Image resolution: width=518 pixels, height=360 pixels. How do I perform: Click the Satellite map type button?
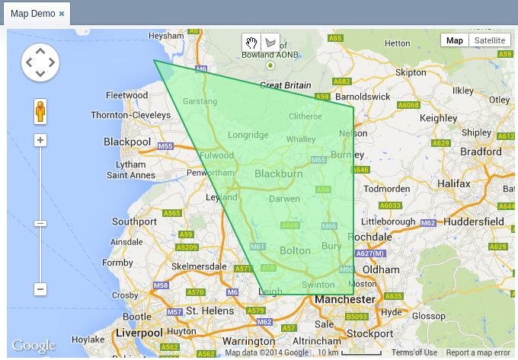pyautogui.click(x=489, y=41)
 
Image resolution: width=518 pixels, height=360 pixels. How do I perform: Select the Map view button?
pyautogui.click(x=454, y=41)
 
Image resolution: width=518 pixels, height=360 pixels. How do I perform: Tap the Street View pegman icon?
pyautogui.click(x=40, y=113)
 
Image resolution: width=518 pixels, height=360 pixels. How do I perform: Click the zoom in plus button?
pyautogui.click(x=40, y=140)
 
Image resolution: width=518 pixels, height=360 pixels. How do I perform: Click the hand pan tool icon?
pyautogui.click(x=251, y=43)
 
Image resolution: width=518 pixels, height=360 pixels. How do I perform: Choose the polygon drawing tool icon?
pyautogui.click(x=270, y=43)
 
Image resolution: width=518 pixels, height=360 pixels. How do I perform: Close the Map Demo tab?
pyautogui.click(x=62, y=14)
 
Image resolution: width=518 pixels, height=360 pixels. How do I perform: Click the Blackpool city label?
pyautogui.click(x=127, y=142)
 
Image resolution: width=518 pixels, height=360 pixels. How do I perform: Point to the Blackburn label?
pyautogui.click(x=278, y=174)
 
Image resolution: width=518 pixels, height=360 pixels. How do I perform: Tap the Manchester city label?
pyautogui.click(x=347, y=299)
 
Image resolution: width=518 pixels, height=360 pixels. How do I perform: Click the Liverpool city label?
pyautogui.click(x=140, y=333)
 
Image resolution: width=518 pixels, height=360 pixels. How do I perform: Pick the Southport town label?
pyautogui.click(x=134, y=221)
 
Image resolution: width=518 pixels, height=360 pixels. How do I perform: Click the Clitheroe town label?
pyautogui.click(x=305, y=116)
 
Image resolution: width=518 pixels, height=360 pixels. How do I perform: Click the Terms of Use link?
pyautogui.click(x=414, y=353)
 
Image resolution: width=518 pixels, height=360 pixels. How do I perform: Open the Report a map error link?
pyautogui.click(x=478, y=353)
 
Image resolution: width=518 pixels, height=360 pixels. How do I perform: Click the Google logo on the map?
pyautogui.click(x=34, y=346)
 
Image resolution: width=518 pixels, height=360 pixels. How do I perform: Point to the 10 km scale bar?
pyautogui.click(x=350, y=353)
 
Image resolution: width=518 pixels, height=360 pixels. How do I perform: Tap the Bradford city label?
pyautogui.click(x=481, y=151)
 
